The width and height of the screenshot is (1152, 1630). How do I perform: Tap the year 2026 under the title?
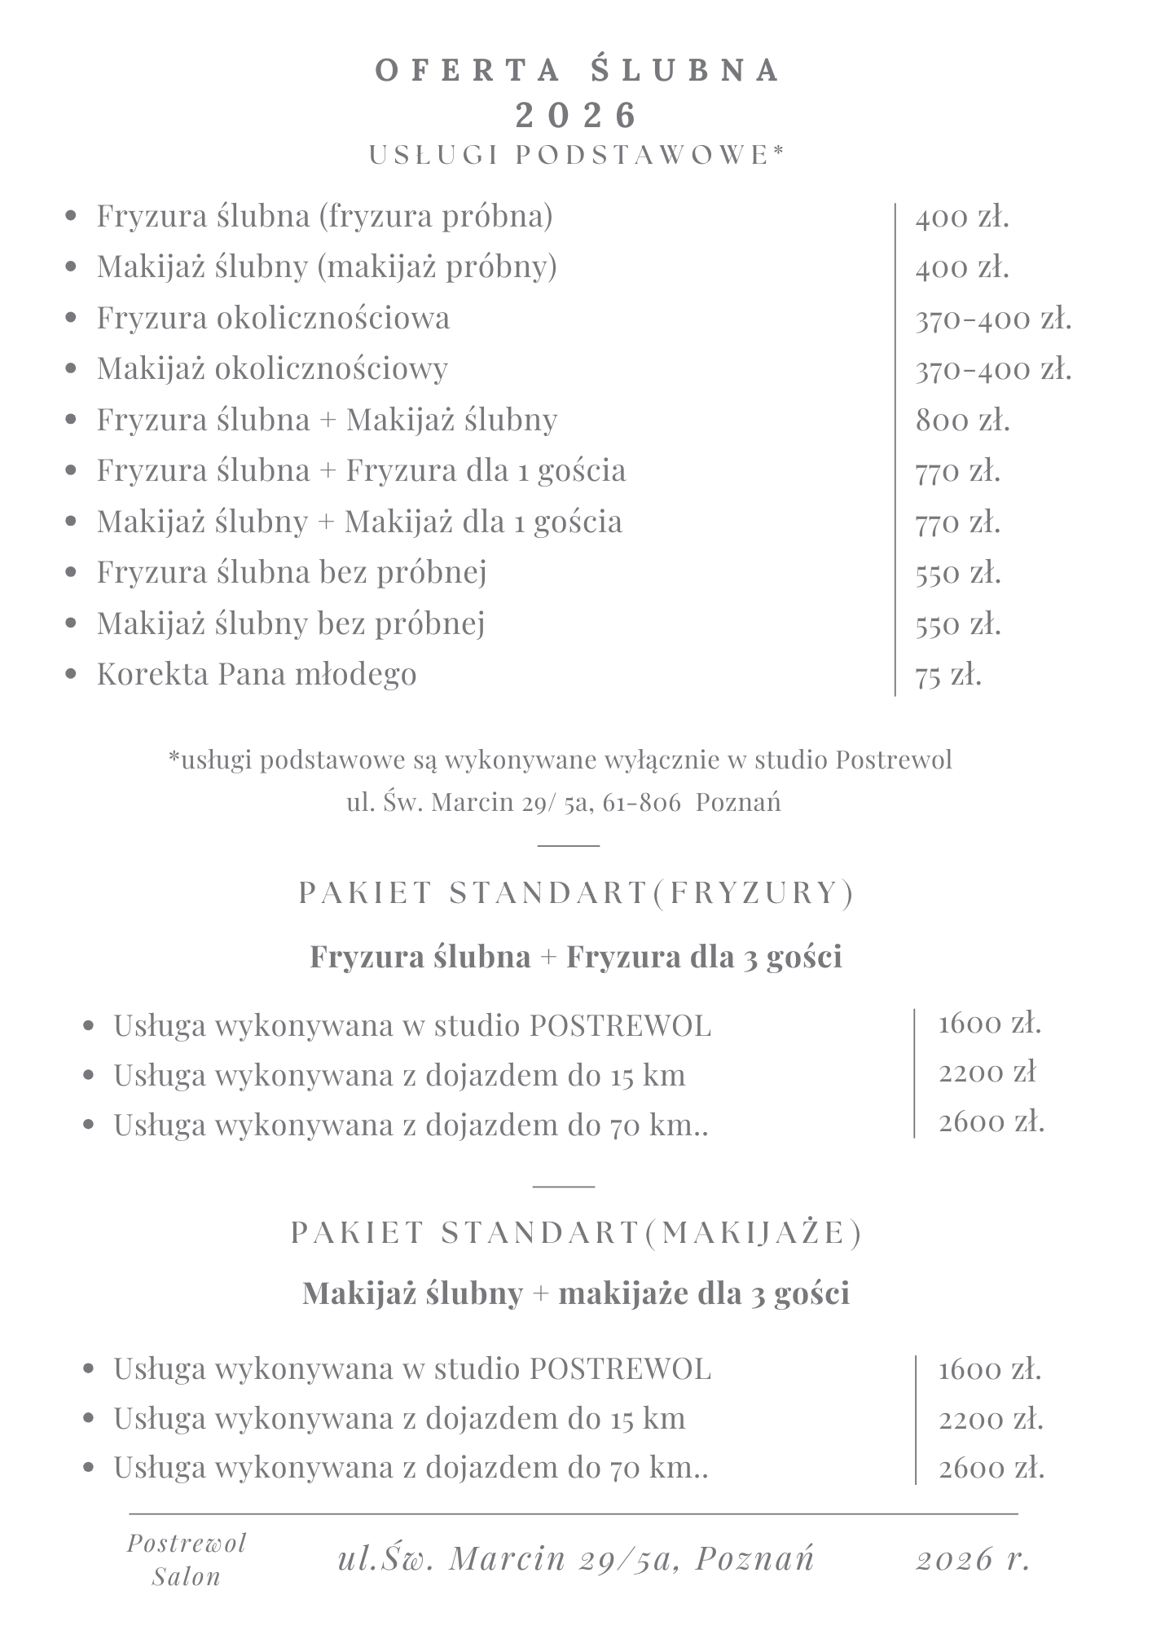pos(577,115)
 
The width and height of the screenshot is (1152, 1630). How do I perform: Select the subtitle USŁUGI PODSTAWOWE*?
pos(577,155)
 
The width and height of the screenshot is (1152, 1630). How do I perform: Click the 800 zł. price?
pos(962,421)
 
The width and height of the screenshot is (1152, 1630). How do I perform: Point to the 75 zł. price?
pos(948,676)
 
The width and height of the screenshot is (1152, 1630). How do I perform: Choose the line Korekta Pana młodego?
pos(257,674)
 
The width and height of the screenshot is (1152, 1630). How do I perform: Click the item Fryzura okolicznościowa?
pos(273,318)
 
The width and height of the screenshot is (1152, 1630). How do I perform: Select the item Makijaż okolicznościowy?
pos(272,368)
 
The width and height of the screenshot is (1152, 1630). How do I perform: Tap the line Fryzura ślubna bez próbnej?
pos(292,572)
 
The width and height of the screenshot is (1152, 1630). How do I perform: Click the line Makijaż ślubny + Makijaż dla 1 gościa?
pos(359,522)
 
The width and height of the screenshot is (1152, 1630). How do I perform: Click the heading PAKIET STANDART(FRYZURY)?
pos(577,893)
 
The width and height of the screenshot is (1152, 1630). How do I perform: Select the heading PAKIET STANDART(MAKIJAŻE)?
pos(577,1233)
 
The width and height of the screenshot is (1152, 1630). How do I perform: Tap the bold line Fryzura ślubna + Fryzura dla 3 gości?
pos(576,957)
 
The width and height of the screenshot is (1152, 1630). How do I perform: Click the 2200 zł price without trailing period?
pos(987,1073)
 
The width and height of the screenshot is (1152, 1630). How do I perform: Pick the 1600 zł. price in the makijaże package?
pos(990,1369)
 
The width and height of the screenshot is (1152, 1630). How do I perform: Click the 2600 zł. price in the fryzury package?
pos(992,1123)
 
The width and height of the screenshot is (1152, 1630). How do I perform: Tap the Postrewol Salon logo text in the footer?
pos(187,1559)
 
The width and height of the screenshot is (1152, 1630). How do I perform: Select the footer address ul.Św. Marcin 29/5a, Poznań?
pos(576,1558)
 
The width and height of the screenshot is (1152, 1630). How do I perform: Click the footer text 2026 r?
pos(974,1559)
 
